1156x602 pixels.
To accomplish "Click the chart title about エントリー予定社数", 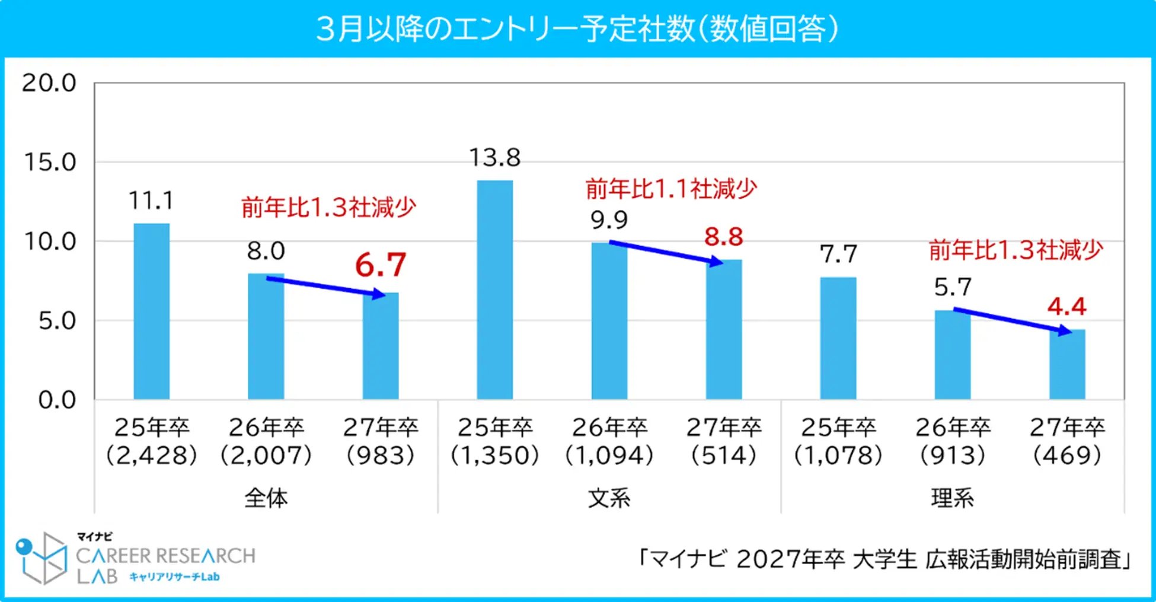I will pyautogui.click(x=577, y=28).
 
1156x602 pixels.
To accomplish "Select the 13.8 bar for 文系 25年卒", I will pyautogui.click(x=494, y=291).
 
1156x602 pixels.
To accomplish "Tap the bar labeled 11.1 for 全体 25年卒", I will pyautogui.click(x=151, y=311).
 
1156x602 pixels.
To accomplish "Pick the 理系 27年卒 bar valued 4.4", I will pyautogui.click(x=1067, y=364).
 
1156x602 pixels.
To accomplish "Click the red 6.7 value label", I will pyautogui.click(x=381, y=265).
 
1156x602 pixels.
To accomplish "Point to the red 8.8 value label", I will pyautogui.click(x=723, y=237).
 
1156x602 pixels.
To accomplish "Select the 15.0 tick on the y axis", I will pyautogui.click(x=50, y=163).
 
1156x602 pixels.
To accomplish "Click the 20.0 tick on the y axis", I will pyautogui.click(x=50, y=83).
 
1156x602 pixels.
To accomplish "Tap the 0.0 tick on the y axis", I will pyautogui.click(x=57, y=400).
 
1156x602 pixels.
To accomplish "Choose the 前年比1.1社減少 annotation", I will pyautogui.click(x=671, y=189).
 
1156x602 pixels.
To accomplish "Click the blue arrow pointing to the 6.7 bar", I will pyautogui.click(x=325, y=286).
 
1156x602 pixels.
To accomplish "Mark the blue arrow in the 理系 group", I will pyautogui.click(x=1012, y=320).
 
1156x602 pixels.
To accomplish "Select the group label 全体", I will pyautogui.click(x=266, y=498).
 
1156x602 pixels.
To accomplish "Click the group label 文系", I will pyautogui.click(x=609, y=498).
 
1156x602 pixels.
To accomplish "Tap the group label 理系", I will pyautogui.click(x=952, y=498).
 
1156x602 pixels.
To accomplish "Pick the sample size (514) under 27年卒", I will pyautogui.click(x=724, y=456).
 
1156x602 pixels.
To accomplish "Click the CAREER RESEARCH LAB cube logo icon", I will pyautogui.click(x=41, y=558).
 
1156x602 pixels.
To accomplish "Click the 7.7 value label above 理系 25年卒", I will pyautogui.click(x=838, y=254).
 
